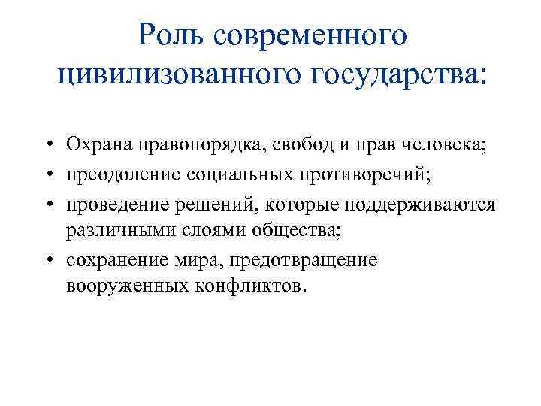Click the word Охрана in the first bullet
pyautogui.click(x=94, y=144)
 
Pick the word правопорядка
pyautogui.click(x=183, y=144)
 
